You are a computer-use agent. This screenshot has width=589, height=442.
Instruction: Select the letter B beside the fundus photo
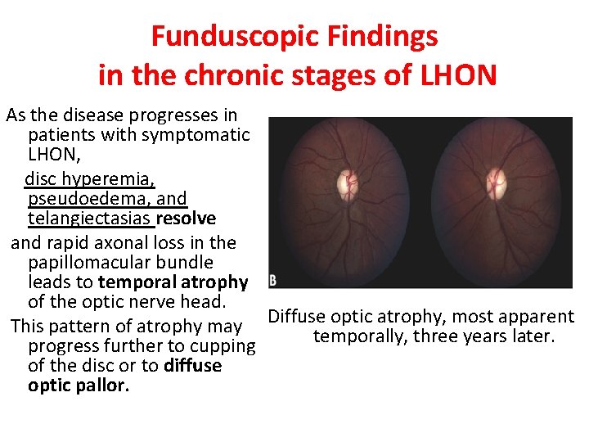[x=273, y=282]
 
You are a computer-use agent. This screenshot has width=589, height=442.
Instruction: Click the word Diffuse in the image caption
[x=296, y=317]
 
